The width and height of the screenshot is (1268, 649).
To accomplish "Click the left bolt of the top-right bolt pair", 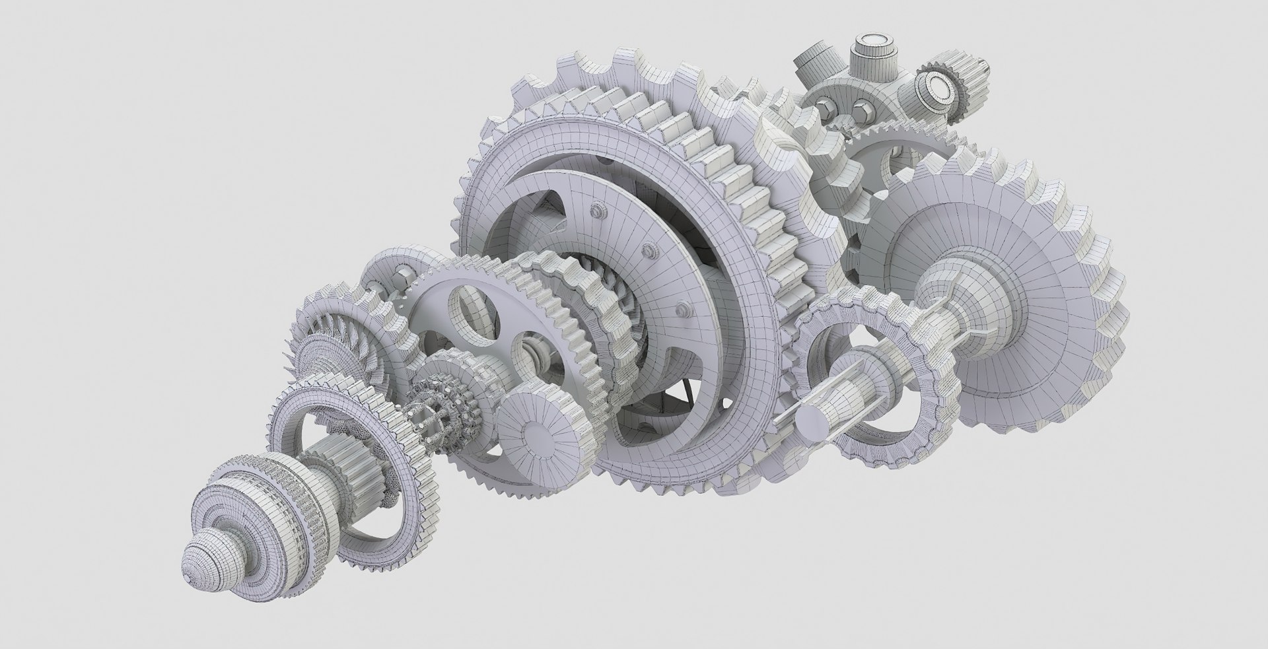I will tap(826, 105).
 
